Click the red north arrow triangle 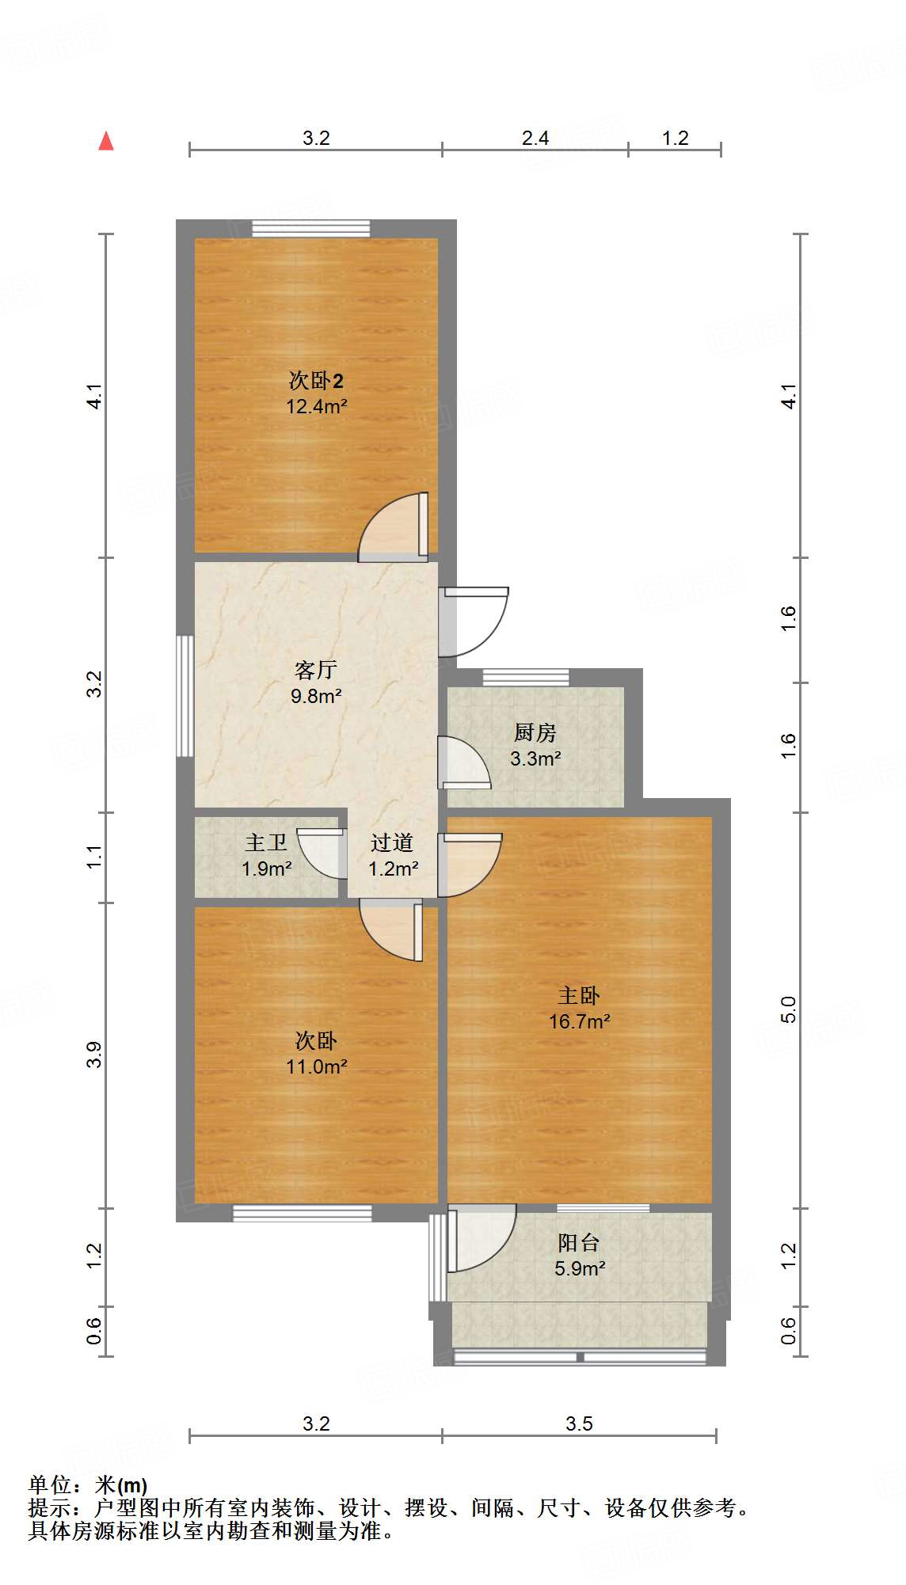pyautogui.click(x=106, y=142)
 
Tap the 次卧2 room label pyautogui.click(x=316, y=381)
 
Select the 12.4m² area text pyautogui.click(x=316, y=407)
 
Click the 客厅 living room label pyautogui.click(x=316, y=671)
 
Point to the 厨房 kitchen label pyautogui.click(x=535, y=733)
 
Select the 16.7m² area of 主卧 pyautogui.click(x=580, y=1022)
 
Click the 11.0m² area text pyautogui.click(x=316, y=1067)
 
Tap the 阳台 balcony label pyautogui.click(x=579, y=1242)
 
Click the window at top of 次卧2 pyautogui.click(x=311, y=229)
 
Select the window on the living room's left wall pyautogui.click(x=185, y=696)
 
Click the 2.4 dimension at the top pyautogui.click(x=535, y=139)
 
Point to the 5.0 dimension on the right pyautogui.click(x=788, y=1009)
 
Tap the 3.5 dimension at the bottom pyautogui.click(x=579, y=1424)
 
